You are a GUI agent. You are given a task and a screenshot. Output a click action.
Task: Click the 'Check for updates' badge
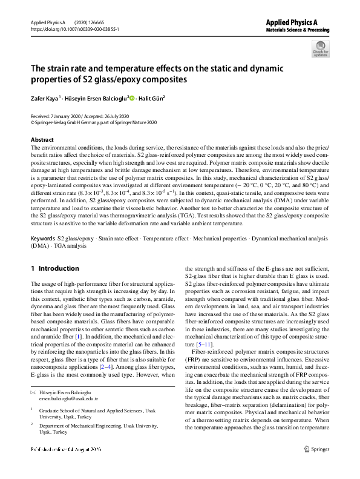coord(320,48)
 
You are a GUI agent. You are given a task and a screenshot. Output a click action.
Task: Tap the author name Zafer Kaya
coord(45,97)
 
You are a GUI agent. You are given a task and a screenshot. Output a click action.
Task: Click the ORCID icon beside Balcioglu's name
coord(131,97)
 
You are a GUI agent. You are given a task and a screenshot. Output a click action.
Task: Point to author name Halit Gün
coord(151,97)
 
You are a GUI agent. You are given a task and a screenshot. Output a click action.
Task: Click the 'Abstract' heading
coord(42,140)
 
